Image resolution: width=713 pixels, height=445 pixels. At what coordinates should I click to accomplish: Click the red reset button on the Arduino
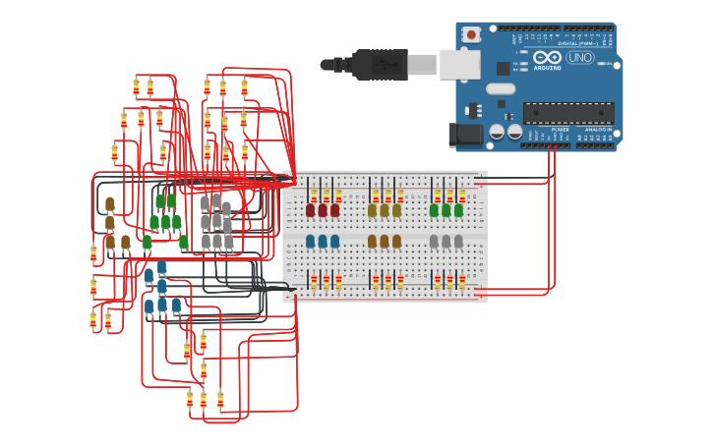(x=471, y=35)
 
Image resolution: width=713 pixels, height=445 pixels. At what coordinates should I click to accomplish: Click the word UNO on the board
(x=579, y=58)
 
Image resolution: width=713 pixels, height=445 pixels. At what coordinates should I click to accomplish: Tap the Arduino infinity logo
(x=547, y=58)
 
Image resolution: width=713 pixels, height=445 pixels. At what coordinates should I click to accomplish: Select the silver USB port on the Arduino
(x=459, y=64)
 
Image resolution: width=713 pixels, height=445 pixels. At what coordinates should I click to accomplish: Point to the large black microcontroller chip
(x=567, y=113)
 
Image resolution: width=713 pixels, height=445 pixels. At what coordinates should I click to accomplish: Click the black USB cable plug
(x=380, y=64)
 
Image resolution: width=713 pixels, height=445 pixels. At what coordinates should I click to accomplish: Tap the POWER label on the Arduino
(x=560, y=129)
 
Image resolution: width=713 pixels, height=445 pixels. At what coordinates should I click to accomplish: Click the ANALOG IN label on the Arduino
(x=598, y=129)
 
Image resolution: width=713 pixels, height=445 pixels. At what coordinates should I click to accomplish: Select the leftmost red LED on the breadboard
(x=311, y=209)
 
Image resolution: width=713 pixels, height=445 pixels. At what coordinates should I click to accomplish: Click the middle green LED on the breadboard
(x=446, y=209)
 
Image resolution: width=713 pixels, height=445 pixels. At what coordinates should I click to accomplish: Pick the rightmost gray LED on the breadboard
(x=458, y=241)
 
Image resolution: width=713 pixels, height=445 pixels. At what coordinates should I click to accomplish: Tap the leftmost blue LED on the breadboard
(x=311, y=241)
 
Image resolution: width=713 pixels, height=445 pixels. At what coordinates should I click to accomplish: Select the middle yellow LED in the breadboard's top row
(x=385, y=209)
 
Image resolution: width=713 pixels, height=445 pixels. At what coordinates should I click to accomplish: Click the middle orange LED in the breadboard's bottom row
(x=385, y=241)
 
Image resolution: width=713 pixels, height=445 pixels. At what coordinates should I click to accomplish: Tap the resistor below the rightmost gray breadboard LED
(x=462, y=281)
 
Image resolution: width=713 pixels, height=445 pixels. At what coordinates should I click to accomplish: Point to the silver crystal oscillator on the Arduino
(x=501, y=88)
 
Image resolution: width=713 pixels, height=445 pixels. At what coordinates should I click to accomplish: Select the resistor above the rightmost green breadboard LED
(x=462, y=195)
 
